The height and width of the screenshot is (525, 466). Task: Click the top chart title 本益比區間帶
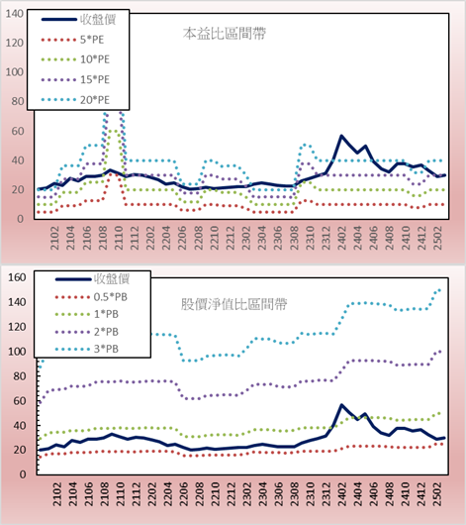point(225,34)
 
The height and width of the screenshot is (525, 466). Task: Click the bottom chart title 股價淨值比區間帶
point(234,304)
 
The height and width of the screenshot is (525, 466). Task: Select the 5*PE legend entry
point(72,40)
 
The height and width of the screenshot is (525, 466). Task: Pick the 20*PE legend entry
point(75,100)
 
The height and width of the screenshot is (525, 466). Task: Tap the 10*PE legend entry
point(75,59)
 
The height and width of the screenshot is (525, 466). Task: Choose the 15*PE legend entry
point(75,79)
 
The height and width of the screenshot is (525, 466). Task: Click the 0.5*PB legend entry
point(91,297)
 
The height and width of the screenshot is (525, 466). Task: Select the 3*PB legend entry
point(87,349)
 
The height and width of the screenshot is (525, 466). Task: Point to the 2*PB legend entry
point(87,332)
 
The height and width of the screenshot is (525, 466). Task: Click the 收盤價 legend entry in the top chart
point(78,20)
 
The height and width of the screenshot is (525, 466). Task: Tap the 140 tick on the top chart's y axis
point(15,14)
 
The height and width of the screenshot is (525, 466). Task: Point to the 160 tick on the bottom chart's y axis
point(17,277)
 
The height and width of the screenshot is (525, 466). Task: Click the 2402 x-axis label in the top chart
point(342,238)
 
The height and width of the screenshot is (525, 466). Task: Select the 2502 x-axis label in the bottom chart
point(437,494)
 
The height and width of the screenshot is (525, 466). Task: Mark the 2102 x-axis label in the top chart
point(54,238)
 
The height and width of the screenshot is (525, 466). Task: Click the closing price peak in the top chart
point(341,136)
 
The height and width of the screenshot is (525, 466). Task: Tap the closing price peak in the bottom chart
point(341,405)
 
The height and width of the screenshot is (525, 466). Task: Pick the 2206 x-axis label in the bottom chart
point(183,494)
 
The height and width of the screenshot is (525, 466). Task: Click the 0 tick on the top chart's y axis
point(21,219)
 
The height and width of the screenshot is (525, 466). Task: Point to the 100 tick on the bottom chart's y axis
point(17,352)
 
